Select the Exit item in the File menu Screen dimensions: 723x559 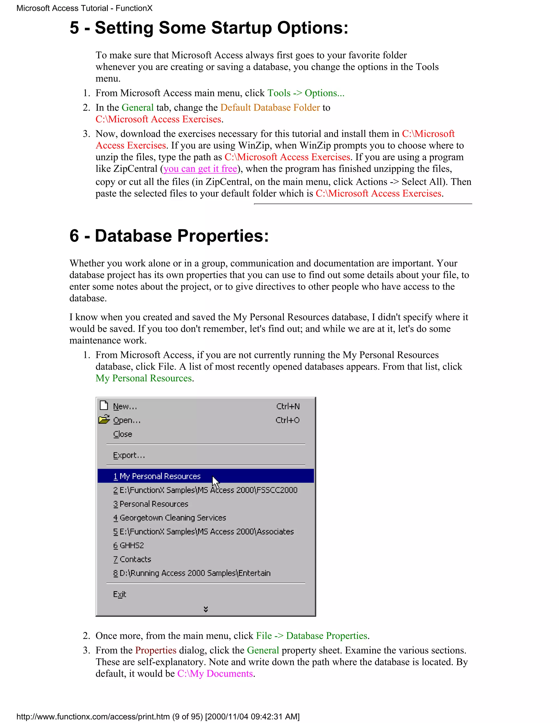(120, 594)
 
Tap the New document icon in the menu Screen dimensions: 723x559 (104, 405)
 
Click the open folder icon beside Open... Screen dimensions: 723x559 (104, 419)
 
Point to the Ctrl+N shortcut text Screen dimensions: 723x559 (288, 406)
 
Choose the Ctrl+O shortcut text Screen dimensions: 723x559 (287, 420)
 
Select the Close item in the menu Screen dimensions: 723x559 (123, 434)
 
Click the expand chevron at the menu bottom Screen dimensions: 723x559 (206, 609)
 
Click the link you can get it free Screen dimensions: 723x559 (200, 169)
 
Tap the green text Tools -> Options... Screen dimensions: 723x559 (306, 93)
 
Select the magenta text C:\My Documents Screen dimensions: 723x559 (215, 674)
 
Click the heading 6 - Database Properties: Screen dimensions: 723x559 (169, 236)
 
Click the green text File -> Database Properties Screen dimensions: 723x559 (312, 636)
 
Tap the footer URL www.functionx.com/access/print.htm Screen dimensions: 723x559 (93, 717)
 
